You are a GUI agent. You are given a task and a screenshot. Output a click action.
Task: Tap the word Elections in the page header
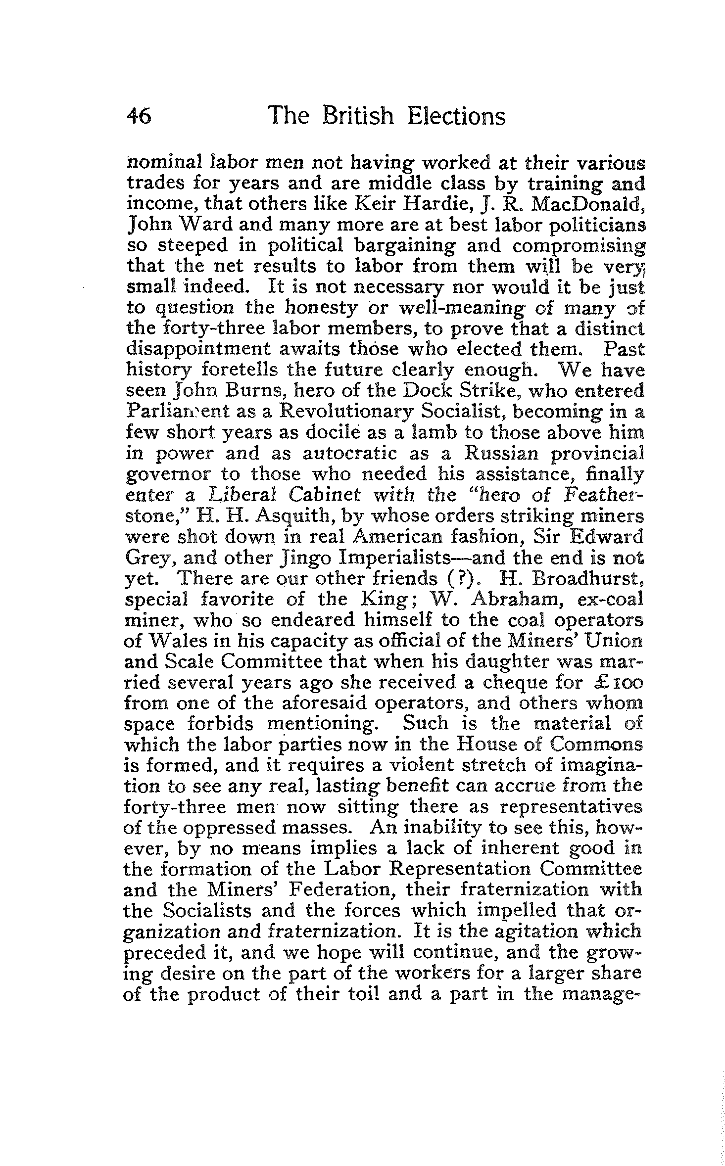pyautogui.click(x=456, y=117)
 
